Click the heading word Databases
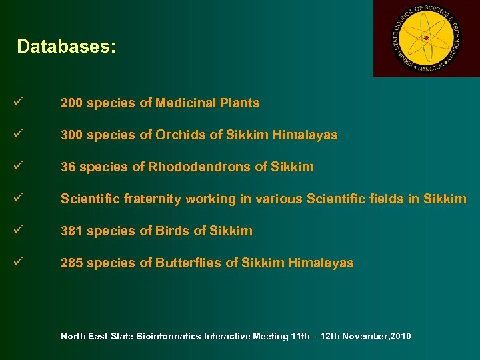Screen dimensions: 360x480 (66, 47)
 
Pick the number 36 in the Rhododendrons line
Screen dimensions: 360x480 (68, 167)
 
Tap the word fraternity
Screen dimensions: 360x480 (149, 199)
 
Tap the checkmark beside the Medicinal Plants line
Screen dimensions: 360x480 (17, 103)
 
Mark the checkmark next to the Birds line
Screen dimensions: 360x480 (17, 231)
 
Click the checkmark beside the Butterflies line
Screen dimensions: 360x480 (17, 263)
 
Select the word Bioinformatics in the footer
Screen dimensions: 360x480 (169, 336)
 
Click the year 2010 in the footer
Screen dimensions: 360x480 (401, 336)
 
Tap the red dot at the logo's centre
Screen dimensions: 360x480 (425, 38)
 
